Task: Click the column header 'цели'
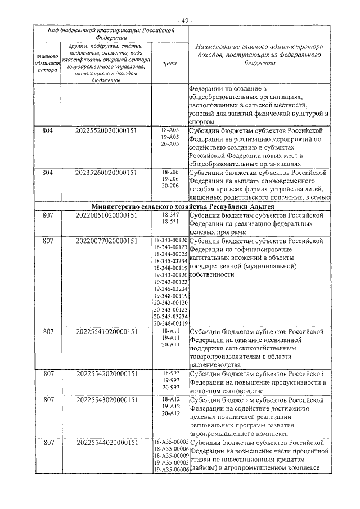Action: coord(169,64)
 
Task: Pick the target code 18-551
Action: coord(169,222)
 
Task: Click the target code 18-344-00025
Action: coord(169,254)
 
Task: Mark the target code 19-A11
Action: coord(169,338)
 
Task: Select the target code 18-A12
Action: coord(169,399)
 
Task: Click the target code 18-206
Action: coord(169,172)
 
